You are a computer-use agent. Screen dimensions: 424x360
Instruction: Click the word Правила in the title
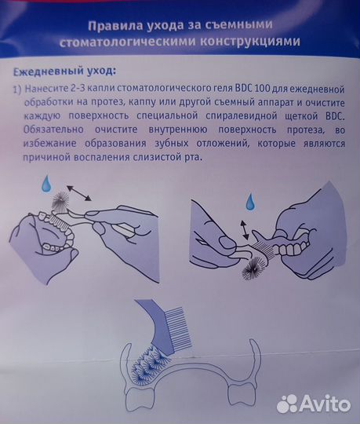(x=133, y=24)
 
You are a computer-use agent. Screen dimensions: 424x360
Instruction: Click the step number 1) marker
(x=16, y=88)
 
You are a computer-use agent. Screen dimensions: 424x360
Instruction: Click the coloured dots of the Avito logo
(x=288, y=403)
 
